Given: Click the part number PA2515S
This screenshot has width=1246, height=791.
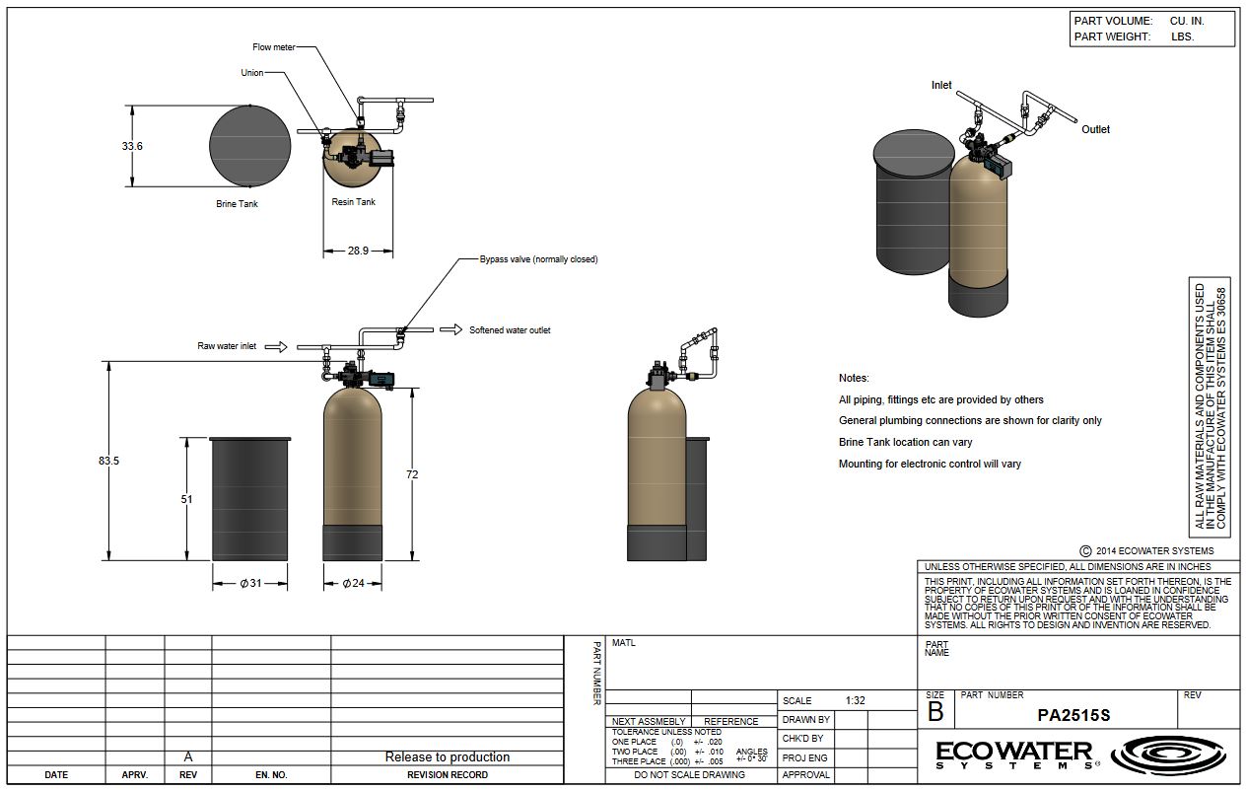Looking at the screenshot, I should click(x=1073, y=715).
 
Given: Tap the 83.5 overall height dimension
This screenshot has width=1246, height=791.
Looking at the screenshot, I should click(x=108, y=461).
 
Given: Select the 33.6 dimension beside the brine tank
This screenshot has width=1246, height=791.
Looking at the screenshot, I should click(x=132, y=146).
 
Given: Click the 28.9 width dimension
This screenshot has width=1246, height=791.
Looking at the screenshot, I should click(x=358, y=251).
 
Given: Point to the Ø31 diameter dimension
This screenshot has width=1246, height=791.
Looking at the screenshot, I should click(x=250, y=583).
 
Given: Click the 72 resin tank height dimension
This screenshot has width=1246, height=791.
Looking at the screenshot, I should click(x=412, y=474).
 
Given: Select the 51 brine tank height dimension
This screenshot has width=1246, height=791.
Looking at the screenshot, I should click(x=186, y=499).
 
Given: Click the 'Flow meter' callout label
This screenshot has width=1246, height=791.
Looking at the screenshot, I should click(x=273, y=47).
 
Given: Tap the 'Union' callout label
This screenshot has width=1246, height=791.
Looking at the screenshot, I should click(x=251, y=73).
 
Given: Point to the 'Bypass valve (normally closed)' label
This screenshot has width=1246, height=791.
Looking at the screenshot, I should click(x=538, y=259).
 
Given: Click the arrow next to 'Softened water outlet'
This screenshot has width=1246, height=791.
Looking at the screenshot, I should click(x=450, y=329).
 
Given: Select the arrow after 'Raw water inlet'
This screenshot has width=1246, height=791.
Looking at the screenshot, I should click(x=277, y=346).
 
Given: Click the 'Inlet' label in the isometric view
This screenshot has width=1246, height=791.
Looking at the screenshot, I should click(x=941, y=85).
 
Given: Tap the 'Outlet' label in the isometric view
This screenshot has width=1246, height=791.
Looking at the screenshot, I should click(x=1095, y=129).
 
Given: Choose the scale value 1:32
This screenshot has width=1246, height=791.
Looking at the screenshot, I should click(x=855, y=700).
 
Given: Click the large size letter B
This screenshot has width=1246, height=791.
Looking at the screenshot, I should click(x=935, y=711).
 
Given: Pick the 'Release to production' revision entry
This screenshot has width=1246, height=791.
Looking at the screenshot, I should click(x=447, y=757).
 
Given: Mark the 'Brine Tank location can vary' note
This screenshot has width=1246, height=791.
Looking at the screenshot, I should click(x=905, y=442).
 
